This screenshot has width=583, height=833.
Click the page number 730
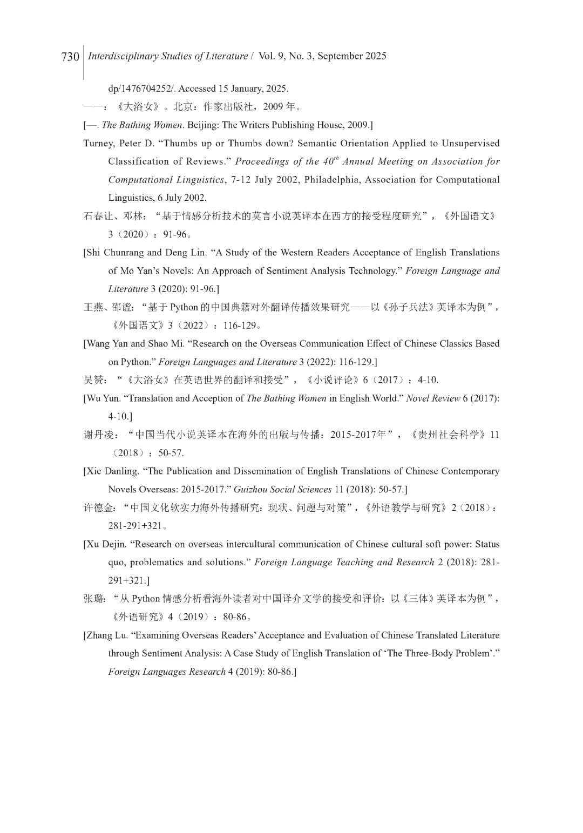pos(70,57)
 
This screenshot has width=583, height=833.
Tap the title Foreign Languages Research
pos(167,672)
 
